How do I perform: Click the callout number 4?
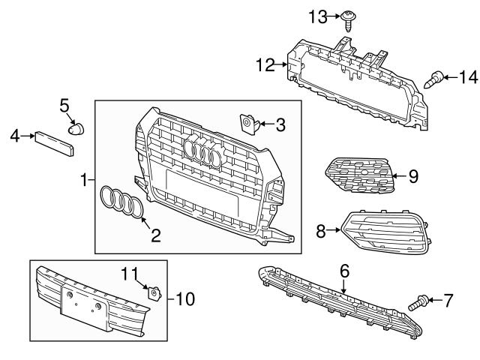pyautogui.click(x=15, y=136)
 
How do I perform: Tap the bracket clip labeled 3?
pyautogui.click(x=247, y=121)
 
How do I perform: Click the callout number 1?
pyautogui.click(x=84, y=180)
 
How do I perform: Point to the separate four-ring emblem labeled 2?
pyautogui.click(x=122, y=204)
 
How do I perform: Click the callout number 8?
pyautogui.click(x=321, y=232)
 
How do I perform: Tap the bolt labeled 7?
pyautogui.click(x=421, y=303)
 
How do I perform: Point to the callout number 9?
pyautogui.click(x=412, y=177)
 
